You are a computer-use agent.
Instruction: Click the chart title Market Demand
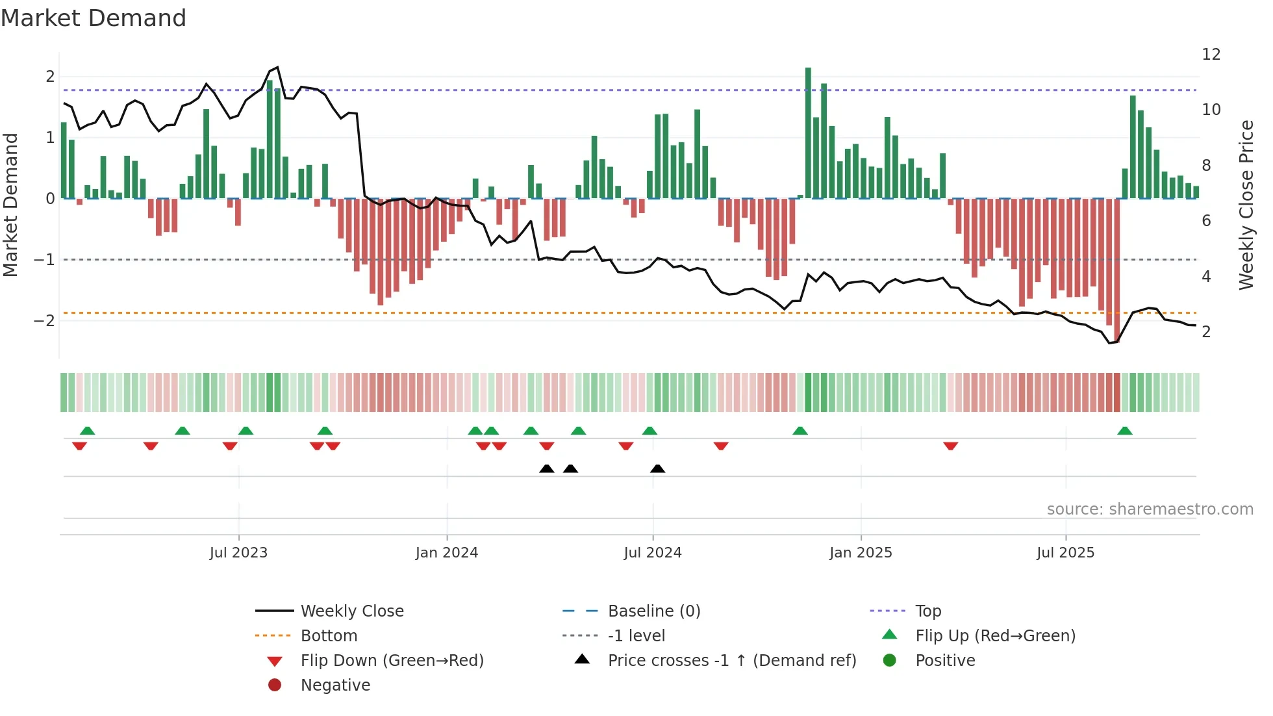click(x=94, y=18)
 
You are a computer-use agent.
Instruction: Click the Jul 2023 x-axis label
click(x=238, y=553)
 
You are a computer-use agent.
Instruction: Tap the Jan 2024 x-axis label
click(x=447, y=553)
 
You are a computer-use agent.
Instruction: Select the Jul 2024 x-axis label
click(x=653, y=553)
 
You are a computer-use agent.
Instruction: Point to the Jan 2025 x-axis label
click(x=861, y=553)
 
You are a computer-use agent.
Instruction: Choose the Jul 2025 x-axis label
click(x=1065, y=553)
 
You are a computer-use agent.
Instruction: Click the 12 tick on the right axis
click(x=1211, y=55)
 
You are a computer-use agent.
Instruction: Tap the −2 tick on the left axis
click(x=44, y=321)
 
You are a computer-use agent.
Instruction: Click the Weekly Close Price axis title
click(x=1246, y=205)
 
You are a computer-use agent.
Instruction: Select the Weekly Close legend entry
click(x=351, y=611)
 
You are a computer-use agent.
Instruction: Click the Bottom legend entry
click(x=329, y=636)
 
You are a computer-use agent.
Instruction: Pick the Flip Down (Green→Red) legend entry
click(x=392, y=661)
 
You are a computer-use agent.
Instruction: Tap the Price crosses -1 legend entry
click(x=732, y=661)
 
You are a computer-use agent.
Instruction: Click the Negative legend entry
click(x=335, y=685)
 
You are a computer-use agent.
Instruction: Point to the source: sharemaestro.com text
click(x=1150, y=509)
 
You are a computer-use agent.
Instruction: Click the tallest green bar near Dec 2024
click(x=808, y=133)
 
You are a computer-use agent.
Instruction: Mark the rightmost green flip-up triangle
click(x=1125, y=431)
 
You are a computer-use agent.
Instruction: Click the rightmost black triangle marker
click(x=657, y=469)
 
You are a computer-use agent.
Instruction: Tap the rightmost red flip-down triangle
click(x=951, y=446)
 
